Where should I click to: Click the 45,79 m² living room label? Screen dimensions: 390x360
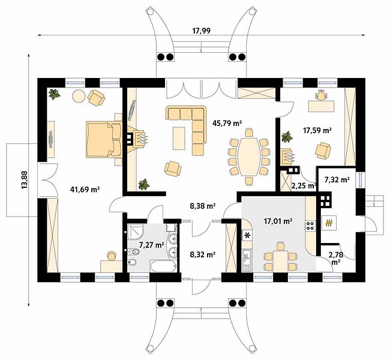click(x=227, y=123)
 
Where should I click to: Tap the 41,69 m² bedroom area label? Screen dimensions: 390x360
click(x=85, y=190)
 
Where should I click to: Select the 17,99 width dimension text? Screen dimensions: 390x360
click(x=201, y=31)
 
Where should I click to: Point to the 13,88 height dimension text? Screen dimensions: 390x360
click(x=25, y=179)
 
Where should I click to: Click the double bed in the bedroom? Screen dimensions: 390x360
click(x=104, y=140)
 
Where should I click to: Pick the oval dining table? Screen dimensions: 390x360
click(x=249, y=157)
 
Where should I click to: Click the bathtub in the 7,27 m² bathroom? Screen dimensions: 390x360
click(x=163, y=267)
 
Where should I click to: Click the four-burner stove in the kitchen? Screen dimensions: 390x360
click(x=310, y=226)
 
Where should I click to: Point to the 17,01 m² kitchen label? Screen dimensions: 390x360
click(x=278, y=221)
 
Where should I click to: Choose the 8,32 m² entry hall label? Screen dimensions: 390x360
click(x=203, y=254)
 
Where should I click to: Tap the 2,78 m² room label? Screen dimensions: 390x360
click(x=336, y=258)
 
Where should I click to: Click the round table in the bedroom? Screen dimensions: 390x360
click(x=79, y=95)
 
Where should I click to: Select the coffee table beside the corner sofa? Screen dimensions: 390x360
click(x=179, y=138)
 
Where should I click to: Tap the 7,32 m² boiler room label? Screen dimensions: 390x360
click(x=337, y=179)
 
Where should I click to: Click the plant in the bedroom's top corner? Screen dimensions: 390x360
click(x=54, y=94)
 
